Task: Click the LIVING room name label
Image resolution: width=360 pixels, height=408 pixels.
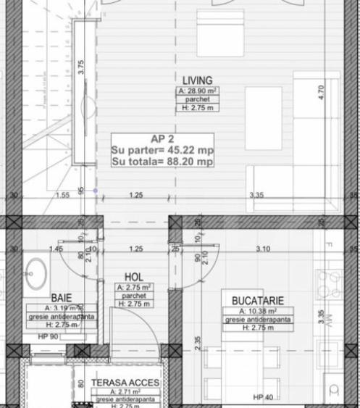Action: [197, 80]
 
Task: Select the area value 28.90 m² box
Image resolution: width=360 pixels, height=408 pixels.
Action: [197, 91]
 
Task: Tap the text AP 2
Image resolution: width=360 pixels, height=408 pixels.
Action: [162, 138]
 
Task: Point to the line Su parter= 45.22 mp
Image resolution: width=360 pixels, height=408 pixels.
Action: [162, 150]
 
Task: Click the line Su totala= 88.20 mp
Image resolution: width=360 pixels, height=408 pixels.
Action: [162, 162]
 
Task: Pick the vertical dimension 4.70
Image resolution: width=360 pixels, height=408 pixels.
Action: [322, 93]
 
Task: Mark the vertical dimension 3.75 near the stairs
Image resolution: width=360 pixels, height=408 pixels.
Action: [81, 67]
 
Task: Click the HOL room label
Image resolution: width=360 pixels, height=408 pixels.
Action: [134, 277]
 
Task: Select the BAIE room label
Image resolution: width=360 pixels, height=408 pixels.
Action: [62, 298]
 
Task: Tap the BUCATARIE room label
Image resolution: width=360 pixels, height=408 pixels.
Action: [257, 300]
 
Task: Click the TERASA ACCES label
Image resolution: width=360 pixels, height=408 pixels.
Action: [125, 383]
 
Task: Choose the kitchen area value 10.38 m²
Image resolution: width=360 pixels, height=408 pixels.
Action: [258, 311]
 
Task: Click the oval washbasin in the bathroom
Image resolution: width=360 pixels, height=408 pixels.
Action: [34, 272]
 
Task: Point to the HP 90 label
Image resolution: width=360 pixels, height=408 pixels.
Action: [49, 336]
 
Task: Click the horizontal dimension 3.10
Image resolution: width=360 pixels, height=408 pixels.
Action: [262, 249]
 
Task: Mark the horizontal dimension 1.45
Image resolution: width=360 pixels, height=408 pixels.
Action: [56, 249]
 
